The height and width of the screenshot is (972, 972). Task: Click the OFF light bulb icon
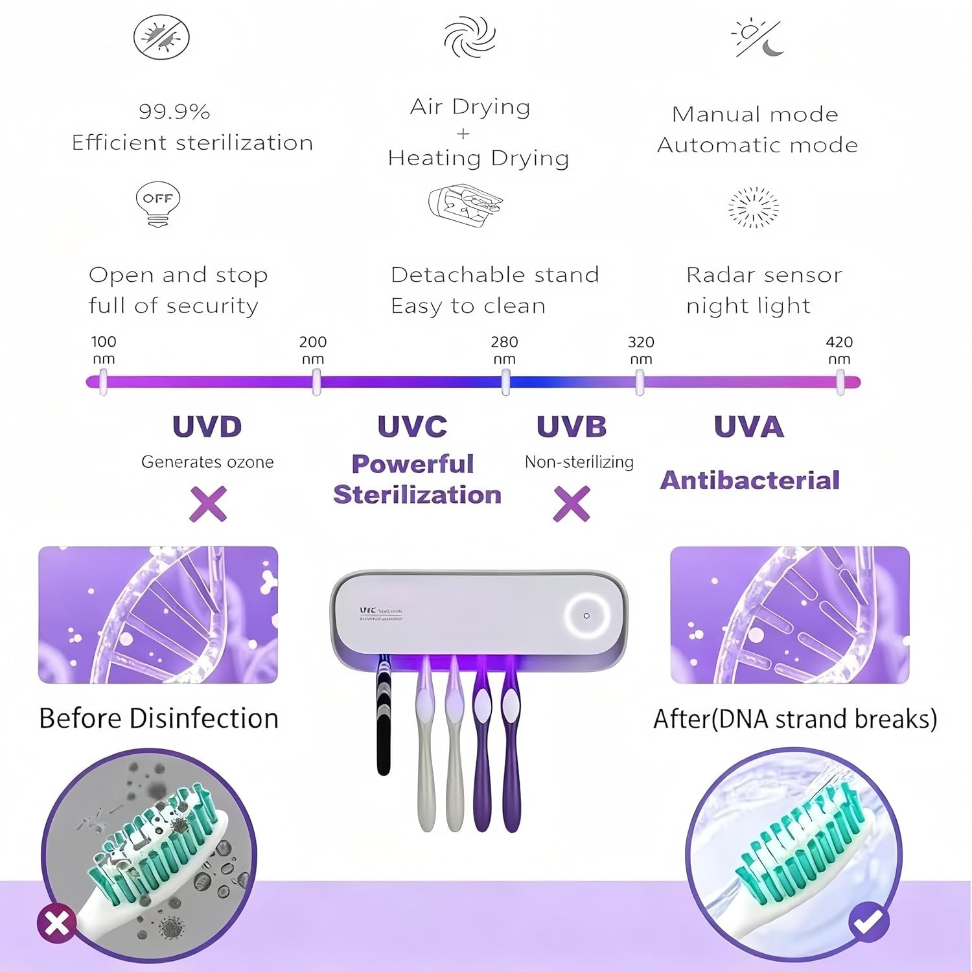point(158,203)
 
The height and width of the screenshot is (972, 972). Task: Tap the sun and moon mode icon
point(757,38)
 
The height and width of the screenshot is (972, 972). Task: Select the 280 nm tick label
point(504,350)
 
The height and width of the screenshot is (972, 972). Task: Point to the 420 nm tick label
point(839,350)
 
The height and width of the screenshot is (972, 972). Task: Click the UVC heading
point(412,426)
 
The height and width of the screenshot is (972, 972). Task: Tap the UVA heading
point(748,426)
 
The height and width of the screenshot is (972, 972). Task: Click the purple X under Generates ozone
point(208,503)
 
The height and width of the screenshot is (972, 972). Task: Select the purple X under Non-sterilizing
point(572,503)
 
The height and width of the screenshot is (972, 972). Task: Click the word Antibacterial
point(750,480)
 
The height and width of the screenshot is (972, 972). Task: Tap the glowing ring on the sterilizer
point(586,616)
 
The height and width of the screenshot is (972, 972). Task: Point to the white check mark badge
point(868,921)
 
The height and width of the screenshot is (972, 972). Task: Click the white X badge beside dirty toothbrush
point(57,923)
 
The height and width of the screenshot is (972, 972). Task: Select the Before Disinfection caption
point(159,719)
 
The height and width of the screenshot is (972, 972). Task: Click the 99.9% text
point(174,111)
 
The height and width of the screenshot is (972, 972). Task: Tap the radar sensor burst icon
point(754,207)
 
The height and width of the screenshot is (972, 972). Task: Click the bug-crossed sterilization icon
point(161,37)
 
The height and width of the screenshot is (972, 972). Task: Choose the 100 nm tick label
point(104,350)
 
